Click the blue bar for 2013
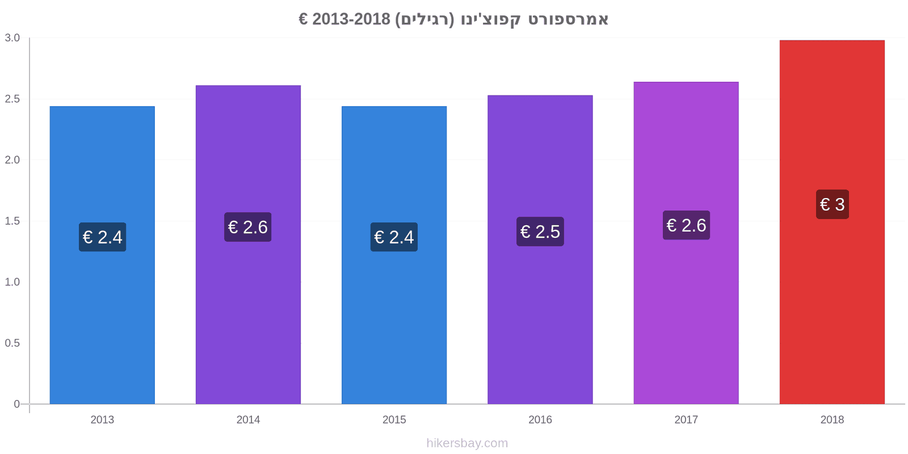[102, 255]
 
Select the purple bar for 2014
[248, 245]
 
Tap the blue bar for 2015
[394, 255]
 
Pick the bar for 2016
[540, 249]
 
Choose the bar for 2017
[686, 243]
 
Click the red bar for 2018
[832, 222]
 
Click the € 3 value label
[832, 204]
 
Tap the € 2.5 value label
[540, 232]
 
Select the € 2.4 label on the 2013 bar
[102, 237]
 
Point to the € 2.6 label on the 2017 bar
[686, 225]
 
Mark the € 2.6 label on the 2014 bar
[247, 227]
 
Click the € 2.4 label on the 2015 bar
[394, 237]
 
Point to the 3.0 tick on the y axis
[12, 37]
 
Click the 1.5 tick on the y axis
[12, 221]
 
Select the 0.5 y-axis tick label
[12, 343]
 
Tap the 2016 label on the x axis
[540, 419]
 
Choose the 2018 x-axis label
[832, 419]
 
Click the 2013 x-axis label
[102, 419]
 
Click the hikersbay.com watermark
[467, 443]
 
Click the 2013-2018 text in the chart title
[351, 19]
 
